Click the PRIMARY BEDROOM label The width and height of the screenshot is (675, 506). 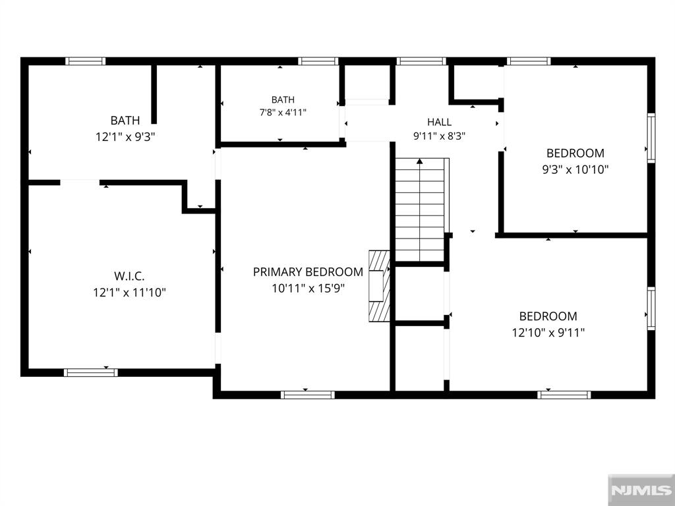(308, 272)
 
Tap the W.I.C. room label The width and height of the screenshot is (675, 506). (129, 276)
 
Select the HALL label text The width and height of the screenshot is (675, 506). (439, 122)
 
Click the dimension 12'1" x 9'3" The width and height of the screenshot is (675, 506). (125, 137)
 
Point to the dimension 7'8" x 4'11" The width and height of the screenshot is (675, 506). (283, 113)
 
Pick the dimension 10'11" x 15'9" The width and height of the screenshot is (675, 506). (308, 289)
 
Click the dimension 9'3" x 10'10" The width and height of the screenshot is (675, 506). (575, 169)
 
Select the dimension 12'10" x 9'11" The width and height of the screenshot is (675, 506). (548, 333)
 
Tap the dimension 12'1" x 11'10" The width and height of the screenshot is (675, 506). (130, 293)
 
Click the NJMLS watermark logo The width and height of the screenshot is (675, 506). (641, 490)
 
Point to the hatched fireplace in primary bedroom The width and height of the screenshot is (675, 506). (379, 286)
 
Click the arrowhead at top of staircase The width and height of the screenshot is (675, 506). (420, 161)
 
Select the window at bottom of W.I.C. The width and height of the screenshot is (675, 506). (91, 373)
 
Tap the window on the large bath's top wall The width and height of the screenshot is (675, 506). (85, 61)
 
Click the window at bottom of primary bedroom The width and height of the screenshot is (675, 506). (308, 395)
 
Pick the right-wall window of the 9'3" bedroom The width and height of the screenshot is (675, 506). (651, 138)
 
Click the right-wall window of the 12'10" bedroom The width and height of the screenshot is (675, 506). (651, 308)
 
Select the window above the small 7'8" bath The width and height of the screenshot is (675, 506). (318, 61)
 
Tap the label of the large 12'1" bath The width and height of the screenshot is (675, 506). (125, 121)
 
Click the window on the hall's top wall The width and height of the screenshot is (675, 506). (421, 61)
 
